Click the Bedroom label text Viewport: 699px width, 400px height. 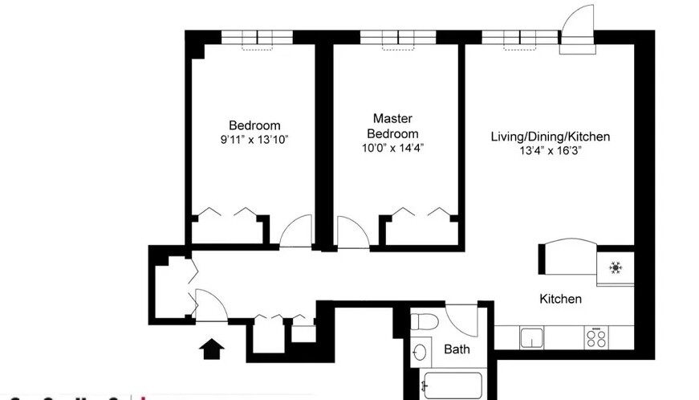254,125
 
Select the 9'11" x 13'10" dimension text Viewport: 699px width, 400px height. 254,140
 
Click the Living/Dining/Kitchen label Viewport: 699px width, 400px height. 550,137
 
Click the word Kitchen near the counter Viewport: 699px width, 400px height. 559,299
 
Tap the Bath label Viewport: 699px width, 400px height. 457,349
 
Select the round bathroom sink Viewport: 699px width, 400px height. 421,353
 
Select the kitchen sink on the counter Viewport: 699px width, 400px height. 531,337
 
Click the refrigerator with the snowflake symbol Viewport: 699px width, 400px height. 616,267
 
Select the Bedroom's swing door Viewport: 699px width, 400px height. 296,232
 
